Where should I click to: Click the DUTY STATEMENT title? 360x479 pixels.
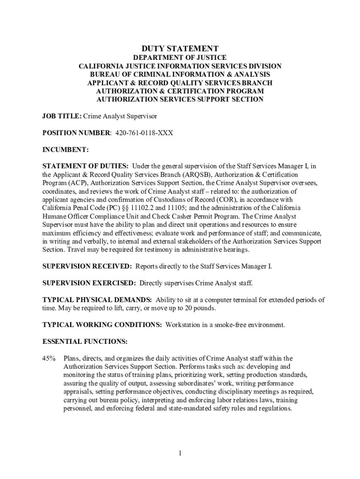tap(180, 49)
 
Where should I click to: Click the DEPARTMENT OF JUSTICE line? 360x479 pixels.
tap(180, 58)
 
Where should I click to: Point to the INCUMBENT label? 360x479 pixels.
tap(65, 150)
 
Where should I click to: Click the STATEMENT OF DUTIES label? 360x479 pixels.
tap(86, 166)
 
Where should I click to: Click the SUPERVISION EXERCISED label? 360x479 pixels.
tap(89, 283)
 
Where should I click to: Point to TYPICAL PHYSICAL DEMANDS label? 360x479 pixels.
tap(97, 300)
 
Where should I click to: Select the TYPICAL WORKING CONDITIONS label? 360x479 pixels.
tap(102, 325)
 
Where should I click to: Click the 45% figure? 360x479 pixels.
tap(49, 358)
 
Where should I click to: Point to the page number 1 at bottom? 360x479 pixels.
tap(180, 453)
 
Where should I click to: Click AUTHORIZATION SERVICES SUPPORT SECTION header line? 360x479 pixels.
tap(180, 99)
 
